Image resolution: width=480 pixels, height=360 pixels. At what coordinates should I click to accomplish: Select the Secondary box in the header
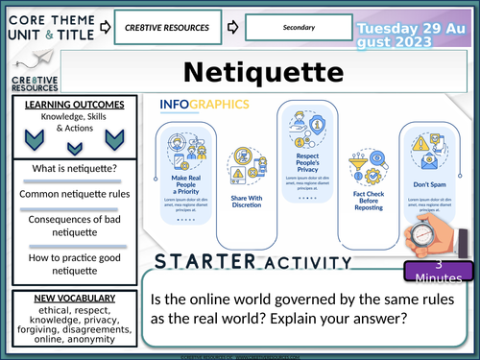[293, 29]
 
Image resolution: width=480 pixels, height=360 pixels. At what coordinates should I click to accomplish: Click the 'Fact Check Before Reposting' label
[362, 200]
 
